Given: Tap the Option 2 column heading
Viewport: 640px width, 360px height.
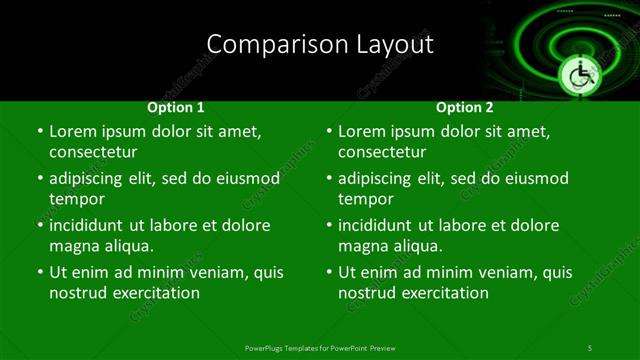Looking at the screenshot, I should coord(465,107).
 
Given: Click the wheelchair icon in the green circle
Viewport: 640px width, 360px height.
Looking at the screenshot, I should coord(580,74).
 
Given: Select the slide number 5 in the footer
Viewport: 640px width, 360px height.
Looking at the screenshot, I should coord(589,347).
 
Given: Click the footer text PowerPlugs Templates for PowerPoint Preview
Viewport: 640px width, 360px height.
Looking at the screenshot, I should coord(320,347).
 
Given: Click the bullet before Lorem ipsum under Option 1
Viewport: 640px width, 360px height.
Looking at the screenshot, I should coord(39,131).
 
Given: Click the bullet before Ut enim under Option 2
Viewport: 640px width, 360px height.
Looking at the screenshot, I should coord(329,272).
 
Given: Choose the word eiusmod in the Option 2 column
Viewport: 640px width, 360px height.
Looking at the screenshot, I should coord(533,179).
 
